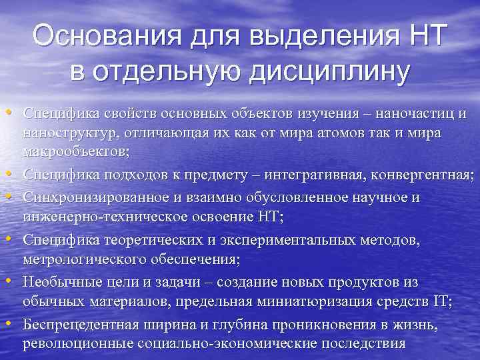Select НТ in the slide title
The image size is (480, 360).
[421, 35]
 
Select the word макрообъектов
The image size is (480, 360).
[75, 152]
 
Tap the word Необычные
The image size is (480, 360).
[55, 281]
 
